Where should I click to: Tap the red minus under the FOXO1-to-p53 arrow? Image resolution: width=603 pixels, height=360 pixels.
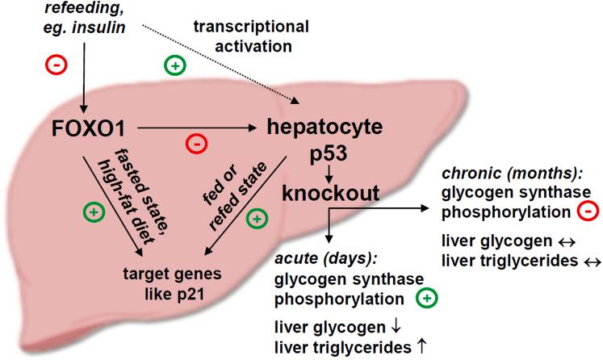pos(195,144)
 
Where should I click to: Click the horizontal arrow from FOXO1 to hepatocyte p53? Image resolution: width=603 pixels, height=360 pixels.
pos(198,127)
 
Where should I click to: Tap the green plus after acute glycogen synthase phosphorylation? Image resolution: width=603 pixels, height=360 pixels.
pos(425,299)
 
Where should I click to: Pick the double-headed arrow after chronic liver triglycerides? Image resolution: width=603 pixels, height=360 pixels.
pos(583,262)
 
